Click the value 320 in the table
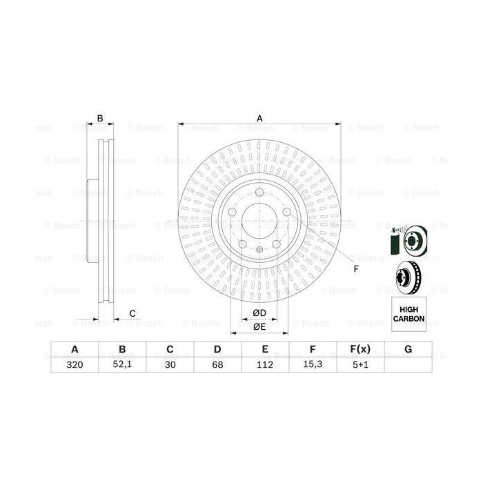(74, 366)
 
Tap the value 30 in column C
(169, 366)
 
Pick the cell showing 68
(217, 366)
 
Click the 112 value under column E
(264, 366)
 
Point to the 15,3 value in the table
(312, 366)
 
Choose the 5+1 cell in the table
(359, 366)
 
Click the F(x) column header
(359, 349)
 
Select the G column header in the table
(408, 349)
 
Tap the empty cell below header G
(408, 366)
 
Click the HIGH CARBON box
(408, 314)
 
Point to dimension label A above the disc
(260, 118)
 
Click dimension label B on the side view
(100, 119)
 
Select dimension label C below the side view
(132, 314)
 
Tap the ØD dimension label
(259, 313)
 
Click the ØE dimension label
(259, 326)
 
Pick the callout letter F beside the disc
(356, 268)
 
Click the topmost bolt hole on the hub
(259, 193)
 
